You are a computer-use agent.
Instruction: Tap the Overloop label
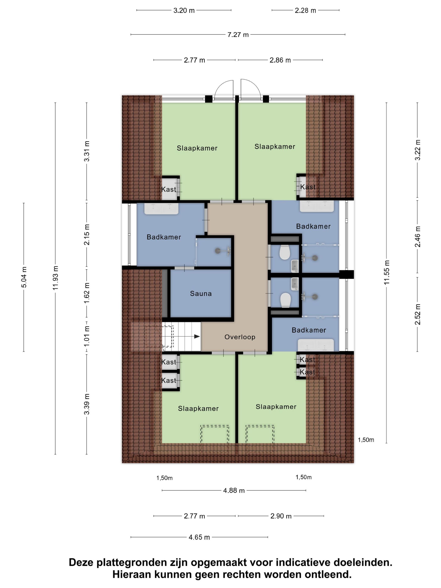tap(240, 337)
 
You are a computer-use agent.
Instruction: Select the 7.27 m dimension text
tap(238, 35)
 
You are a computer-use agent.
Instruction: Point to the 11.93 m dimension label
tap(55, 278)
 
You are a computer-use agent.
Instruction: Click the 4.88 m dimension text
tap(234, 490)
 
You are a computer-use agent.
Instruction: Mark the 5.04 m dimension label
tap(24, 277)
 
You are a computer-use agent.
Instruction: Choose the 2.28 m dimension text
tap(305, 10)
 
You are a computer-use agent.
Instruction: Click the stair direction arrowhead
tap(197, 337)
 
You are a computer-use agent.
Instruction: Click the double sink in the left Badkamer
tap(161, 209)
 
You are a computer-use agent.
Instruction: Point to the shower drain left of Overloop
tap(218, 250)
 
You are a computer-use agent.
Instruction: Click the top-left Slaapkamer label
tap(197, 148)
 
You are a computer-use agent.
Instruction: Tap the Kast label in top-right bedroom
tap(308, 187)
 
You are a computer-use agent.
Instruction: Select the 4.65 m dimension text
tap(199, 537)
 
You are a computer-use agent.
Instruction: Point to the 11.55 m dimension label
tap(387, 272)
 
